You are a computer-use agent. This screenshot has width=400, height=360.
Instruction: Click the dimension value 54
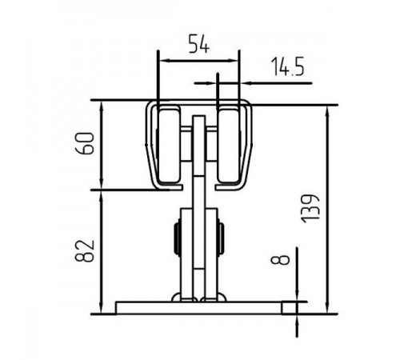pos(199,44)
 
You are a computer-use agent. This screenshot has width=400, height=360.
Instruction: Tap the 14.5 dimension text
pos(287,66)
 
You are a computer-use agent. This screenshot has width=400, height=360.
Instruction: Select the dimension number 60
pos(86,143)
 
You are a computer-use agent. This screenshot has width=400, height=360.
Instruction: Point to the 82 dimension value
pos(86,251)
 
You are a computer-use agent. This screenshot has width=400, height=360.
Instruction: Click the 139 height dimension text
pos(310,209)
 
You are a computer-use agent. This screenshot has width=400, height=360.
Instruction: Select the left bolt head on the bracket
pos(178,239)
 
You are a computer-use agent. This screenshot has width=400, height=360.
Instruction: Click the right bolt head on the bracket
pos(221,239)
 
